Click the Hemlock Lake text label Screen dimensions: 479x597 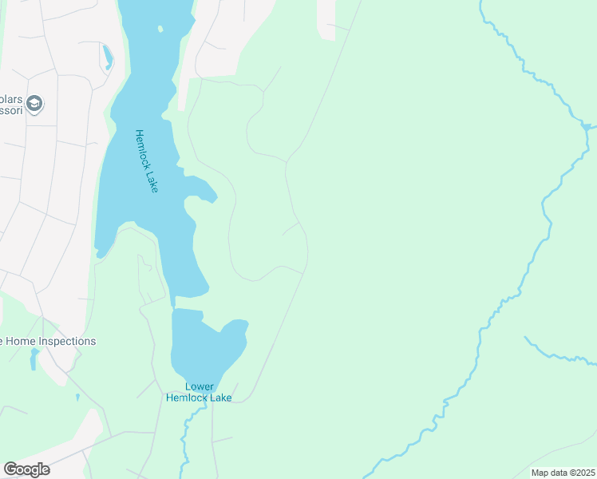(147, 160)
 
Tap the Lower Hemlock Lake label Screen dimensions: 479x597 (199, 391)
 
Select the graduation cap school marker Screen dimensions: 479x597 (34, 104)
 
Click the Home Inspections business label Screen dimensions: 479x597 (48, 341)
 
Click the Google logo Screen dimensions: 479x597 (26, 469)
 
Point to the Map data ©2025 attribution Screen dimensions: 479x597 (563, 473)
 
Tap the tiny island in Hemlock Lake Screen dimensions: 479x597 (160, 30)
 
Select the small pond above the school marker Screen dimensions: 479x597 (107, 56)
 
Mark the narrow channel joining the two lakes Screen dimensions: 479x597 (172, 302)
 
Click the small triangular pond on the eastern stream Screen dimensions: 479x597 (587, 126)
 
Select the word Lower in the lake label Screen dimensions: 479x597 (200, 386)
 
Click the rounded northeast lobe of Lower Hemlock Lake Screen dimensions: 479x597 (236, 329)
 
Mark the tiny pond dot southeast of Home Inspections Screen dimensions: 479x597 (77, 397)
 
